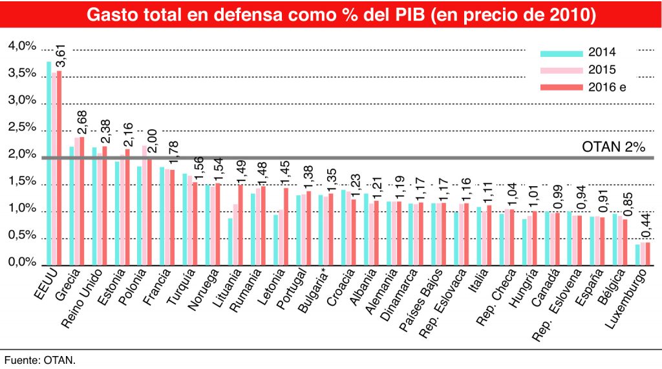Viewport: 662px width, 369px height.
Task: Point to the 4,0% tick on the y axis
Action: click(x=22, y=47)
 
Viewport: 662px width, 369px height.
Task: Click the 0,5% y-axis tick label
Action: click(x=22, y=237)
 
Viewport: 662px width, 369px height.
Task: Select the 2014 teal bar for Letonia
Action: click(x=275, y=240)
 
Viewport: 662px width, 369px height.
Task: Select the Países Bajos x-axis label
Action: click(x=420, y=301)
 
